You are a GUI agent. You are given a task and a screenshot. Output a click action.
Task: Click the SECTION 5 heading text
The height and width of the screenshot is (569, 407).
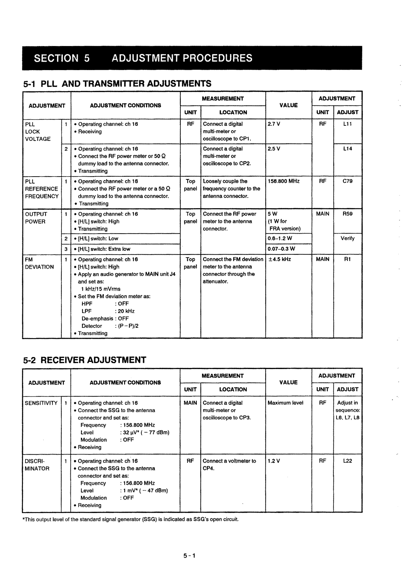point(62,58)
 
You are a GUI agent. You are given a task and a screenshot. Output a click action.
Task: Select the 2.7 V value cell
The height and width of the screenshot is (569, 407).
point(274,124)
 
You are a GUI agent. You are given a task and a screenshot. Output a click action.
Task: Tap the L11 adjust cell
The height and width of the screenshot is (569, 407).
point(348,124)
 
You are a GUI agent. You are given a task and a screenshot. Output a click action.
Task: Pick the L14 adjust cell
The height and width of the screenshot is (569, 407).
point(348,149)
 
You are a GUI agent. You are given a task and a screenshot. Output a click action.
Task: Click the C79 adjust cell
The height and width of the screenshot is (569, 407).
point(348,181)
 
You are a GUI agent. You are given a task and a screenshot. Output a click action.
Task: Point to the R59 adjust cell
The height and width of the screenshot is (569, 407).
point(348,214)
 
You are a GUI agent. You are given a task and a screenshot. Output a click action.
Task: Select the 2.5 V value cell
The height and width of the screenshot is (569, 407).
point(274,149)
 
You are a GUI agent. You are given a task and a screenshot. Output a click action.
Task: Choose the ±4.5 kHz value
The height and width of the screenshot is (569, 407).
point(280,259)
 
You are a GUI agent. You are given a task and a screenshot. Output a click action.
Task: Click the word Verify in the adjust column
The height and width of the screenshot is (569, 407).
point(348,238)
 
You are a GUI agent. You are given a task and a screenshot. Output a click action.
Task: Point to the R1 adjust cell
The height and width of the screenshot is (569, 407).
point(348,259)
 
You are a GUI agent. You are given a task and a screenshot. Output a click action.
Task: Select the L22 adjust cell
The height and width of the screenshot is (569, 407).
point(348,461)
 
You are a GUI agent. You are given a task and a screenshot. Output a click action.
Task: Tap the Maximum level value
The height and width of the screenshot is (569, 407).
point(285,403)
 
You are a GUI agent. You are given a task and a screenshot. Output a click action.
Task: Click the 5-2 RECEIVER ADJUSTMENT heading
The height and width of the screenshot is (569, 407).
point(84,360)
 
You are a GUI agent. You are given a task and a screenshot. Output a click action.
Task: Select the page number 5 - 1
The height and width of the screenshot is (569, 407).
point(189,556)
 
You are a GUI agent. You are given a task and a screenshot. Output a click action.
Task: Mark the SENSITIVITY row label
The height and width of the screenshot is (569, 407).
point(41,403)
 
